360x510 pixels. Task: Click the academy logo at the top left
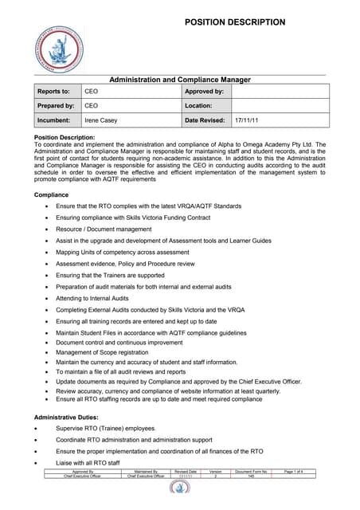pyautogui.click(x=63, y=53)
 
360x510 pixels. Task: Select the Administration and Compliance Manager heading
pyautogui.click(x=179, y=80)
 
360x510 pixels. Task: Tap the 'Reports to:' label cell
pyautogui.click(x=54, y=92)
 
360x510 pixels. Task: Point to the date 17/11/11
pyautogui.click(x=246, y=120)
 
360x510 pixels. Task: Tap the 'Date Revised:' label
pyautogui.click(x=206, y=120)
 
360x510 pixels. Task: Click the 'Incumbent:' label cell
pyautogui.click(x=54, y=120)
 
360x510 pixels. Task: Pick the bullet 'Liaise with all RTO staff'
pyautogui.click(x=88, y=462)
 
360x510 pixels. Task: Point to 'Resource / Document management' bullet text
pyautogui.click(x=106, y=228)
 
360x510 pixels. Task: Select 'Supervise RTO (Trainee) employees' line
pyautogui.click(x=106, y=428)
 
